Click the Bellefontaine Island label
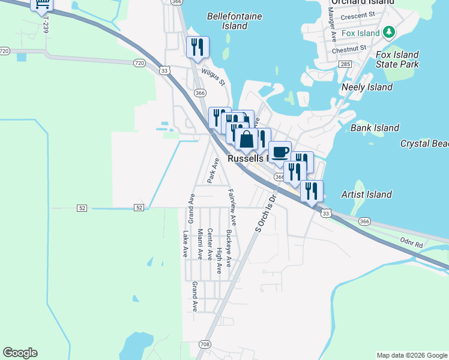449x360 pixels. point(235,21)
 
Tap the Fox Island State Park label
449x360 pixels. point(397,59)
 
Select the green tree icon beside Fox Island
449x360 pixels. point(390,32)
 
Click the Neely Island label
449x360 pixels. point(367,87)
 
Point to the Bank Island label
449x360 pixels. point(375,128)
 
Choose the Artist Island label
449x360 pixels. point(366,194)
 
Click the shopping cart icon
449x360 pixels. point(42,5)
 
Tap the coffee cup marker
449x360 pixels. point(280,151)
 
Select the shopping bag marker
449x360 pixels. point(246,139)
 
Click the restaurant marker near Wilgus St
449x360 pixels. point(197,47)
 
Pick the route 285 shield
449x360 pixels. point(345,64)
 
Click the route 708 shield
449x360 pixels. point(205,344)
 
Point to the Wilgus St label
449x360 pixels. point(212,77)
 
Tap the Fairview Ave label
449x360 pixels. point(232,206)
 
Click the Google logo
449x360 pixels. point(20,353)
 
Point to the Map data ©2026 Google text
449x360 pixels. point(411,355)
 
